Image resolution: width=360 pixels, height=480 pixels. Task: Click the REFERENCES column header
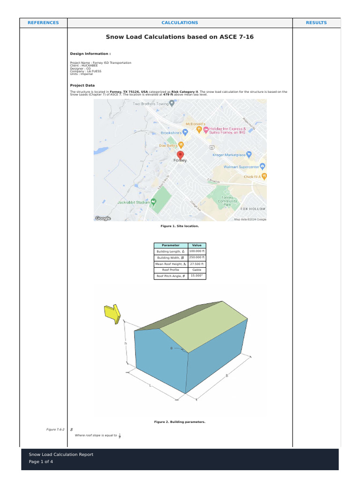click(43, 22)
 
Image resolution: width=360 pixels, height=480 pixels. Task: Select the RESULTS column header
click(316, 22)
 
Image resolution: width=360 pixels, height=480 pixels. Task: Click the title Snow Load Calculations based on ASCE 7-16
click(180, 37)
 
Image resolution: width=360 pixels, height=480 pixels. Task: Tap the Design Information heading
click(90, 54)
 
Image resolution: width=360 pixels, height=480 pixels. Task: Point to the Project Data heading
click(82, 85)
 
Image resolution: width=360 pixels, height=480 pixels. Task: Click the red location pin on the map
click(180, 156)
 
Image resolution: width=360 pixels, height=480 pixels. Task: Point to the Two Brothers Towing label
click(150, 104)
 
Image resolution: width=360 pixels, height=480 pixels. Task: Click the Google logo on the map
click(103, 218)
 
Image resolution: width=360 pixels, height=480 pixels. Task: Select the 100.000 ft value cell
click(197, 251)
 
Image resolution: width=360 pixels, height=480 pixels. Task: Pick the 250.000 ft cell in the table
click(197, 257)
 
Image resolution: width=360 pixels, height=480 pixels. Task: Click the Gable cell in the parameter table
click(197, 270)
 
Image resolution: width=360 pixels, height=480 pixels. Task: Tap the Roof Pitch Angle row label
click(171, 276)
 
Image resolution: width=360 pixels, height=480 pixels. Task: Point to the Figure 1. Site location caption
click(180, 226)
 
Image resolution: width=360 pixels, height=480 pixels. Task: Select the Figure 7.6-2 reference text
click(54, 429)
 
